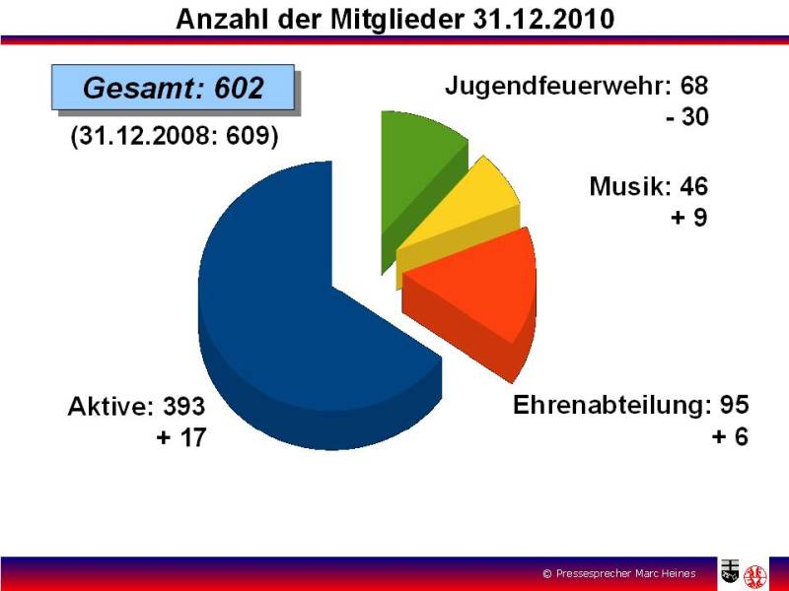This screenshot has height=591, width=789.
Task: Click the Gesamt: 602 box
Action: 174,88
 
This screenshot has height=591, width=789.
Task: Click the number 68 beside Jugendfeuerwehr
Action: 694,85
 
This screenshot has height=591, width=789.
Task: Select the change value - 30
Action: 686,116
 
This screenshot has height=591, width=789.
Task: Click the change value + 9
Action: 688,217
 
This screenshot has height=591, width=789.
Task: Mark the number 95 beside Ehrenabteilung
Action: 734,405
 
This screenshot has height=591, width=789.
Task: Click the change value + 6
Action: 730,436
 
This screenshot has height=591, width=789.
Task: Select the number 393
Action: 183,406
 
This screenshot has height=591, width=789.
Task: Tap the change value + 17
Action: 181,437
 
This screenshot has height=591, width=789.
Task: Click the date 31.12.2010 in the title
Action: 543,19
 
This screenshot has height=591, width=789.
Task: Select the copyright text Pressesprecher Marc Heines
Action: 626,573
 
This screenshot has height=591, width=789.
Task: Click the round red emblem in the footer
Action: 755,575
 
